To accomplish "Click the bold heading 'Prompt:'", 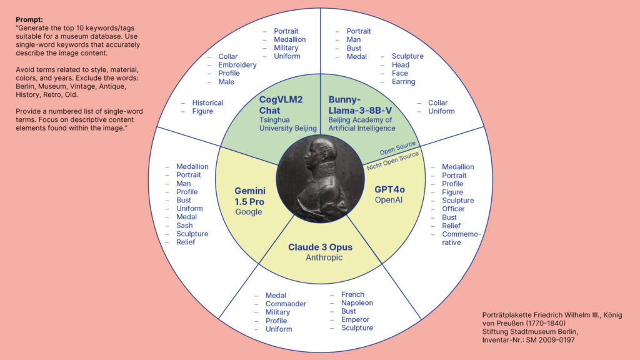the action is pos(29,19).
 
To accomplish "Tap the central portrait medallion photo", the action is pos(321,179).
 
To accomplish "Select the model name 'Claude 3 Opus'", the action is pos(320,247).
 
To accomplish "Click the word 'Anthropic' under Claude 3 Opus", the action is pos(324,257).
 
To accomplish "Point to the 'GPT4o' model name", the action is pos(389,190).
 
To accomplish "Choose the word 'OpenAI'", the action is pos(389,200).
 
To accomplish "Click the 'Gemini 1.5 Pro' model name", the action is pos(250,196).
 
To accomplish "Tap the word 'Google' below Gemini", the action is pos(249,212).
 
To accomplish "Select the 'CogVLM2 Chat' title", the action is pos(281,105).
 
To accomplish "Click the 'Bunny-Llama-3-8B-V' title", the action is pos(360,105).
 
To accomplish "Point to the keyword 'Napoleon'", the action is pos(357,303).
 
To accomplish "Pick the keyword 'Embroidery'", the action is pos(237,65).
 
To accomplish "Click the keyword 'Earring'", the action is pos(403,82).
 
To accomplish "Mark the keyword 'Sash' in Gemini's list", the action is pos(184,225).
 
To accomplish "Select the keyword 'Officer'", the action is pos(453,209).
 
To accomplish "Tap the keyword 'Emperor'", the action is pos(355,319).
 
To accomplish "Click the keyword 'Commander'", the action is pos(286,304).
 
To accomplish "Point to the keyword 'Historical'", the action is pos(207,103).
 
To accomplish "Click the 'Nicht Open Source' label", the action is pos(392,161).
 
